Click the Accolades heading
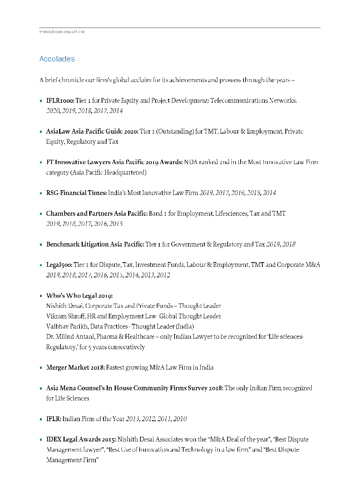click(57, 59)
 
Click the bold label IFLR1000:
click(60, 101)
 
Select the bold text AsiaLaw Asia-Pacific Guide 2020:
click(92, 131)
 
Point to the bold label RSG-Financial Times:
click(76, 193)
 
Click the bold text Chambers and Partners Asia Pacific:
click(97, 213)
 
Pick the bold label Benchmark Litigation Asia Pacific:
click(95, 244)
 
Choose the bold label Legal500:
click(59, 265)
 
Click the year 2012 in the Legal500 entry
click(163, 275)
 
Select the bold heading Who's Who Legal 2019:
click(79, 296)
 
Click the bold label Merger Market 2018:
click(75, 367)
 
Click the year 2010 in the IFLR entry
click(180, 419)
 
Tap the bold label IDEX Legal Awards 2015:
click(81, 439)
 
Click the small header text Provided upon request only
click(62, 32)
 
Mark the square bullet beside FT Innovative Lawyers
click(41, 163)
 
